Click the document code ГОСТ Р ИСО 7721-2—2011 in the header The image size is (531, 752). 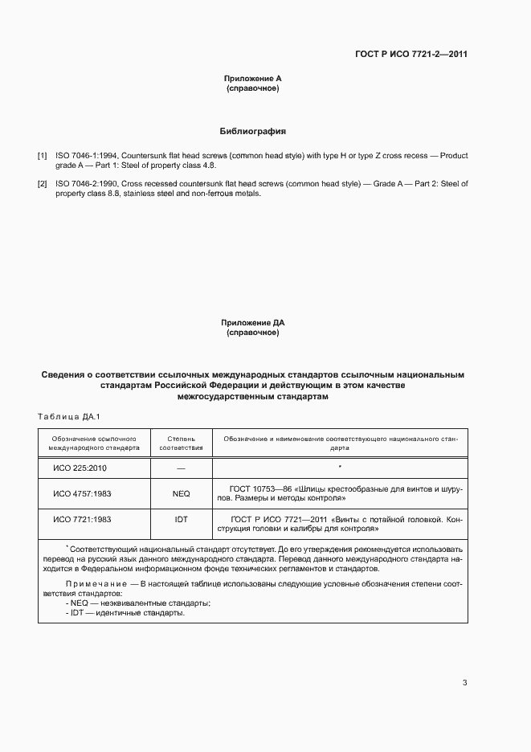[411, 55]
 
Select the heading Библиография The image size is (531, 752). [253, 130]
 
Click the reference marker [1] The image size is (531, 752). [43, 155]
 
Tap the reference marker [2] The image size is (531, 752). [43, 185]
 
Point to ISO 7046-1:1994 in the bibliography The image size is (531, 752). [84, 155]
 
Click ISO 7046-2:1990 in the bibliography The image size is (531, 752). [84, 185]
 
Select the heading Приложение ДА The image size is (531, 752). [253, 323]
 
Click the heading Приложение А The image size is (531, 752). [253, 78]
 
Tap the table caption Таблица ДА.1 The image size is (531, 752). [67, 416]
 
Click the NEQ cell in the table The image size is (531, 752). [181, 493]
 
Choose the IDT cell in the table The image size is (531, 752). [181, 520]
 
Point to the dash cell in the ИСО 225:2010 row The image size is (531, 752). [181, 468]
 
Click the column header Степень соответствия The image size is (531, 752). [181, 444]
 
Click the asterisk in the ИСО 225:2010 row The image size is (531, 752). [340, 466]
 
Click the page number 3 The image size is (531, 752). [464, 683]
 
